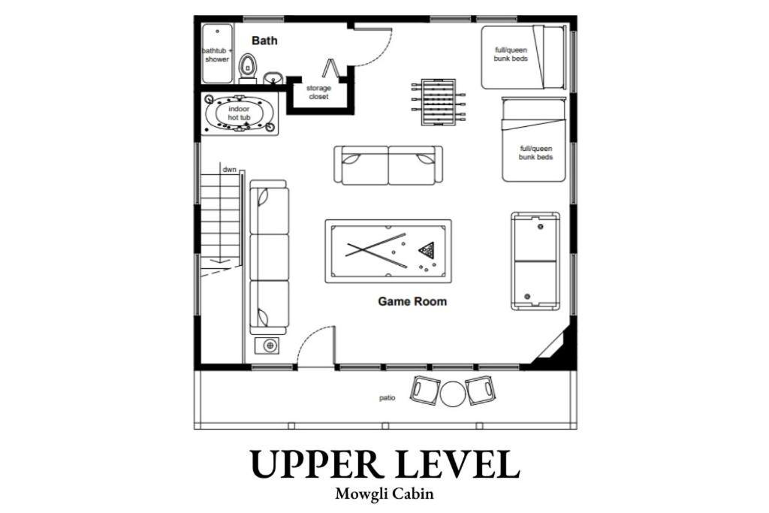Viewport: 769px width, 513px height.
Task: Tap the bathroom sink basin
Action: click(273, 77)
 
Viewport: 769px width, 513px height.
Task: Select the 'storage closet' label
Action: click(318, 92)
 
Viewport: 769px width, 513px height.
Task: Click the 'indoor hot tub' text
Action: click(239, 113)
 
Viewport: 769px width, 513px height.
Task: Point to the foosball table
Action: click(438, 102)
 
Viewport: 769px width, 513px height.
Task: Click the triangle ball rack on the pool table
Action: click(427, 251)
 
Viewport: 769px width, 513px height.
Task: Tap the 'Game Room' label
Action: click(412, 301)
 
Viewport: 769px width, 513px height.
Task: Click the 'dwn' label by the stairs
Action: click(230, 170)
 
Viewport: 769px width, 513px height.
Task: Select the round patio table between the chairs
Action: click(452, 394)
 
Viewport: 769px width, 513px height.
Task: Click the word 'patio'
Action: click(387, 398)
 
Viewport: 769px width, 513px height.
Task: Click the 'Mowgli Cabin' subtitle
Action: click(384, 493)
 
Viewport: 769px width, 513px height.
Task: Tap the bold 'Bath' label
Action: click(264, 41)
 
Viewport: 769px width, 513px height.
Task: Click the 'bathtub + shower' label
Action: click(217, 55)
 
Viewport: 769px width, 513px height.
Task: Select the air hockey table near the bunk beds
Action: click(535, 261)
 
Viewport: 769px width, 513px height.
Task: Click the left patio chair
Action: click(425, 389)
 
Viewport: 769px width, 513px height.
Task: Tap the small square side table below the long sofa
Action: click(269, 346)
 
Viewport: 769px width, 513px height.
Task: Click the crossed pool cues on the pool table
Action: click(376, 250)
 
